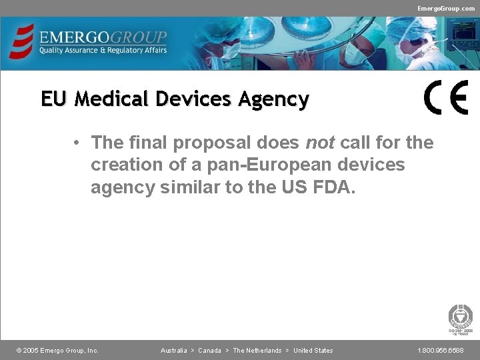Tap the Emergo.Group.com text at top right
[x=446, y=8]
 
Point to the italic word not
[x=319, y=143]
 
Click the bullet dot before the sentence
[x=78, y=143]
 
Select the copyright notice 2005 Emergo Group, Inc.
[x=57, y=351]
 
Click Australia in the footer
[x=173, y=351]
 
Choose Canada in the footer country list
[x=209, y=351]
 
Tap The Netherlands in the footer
[x=257, y=351]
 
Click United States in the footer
[x=313, y=351]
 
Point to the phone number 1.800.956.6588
[x=441, y=351]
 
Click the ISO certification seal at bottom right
[x=460, y=319]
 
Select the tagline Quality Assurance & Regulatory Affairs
[x=103, y=50]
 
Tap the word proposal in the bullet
[x=201, y=143]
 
